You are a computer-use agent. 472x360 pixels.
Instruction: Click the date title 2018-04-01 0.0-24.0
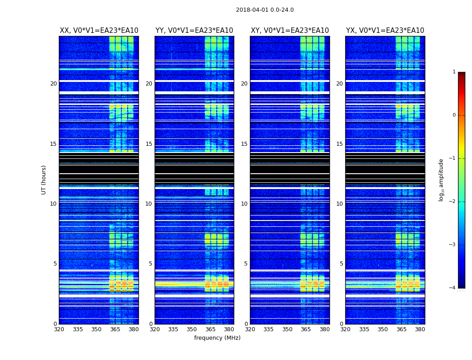pos(265,10)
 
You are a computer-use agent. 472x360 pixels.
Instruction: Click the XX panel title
pos(99,31)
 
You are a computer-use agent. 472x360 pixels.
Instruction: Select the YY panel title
pos(194,31)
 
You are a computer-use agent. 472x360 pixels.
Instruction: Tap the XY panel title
pos(289,31)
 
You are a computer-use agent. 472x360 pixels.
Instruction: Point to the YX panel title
pos(385,31)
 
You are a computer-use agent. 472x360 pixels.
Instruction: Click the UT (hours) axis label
pos(44,180)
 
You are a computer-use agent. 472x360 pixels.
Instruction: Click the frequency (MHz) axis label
pos(217,338)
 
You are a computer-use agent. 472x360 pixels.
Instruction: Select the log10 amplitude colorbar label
pos(441,180)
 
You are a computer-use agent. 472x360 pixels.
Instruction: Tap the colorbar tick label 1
pos(454,72)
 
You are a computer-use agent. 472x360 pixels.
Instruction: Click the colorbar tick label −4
pos(453,288)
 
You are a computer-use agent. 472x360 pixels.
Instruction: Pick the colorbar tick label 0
pos(454,115)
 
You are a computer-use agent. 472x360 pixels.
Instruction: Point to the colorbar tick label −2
pos(453,202)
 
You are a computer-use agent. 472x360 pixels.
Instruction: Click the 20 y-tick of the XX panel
pos(53,84)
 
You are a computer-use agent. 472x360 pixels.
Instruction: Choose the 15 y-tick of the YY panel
pos(149,144)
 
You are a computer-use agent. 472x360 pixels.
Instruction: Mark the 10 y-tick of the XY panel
pos(244,204)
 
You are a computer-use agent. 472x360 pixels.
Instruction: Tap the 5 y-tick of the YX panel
pos(341,264)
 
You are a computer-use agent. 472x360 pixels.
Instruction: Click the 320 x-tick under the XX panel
pos(59,329)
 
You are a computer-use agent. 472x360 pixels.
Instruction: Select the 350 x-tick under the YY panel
pos(192,329)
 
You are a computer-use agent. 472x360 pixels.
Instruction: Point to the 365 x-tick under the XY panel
pos(306,329)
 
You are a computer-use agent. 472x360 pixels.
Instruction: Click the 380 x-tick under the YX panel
pos(420,329)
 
